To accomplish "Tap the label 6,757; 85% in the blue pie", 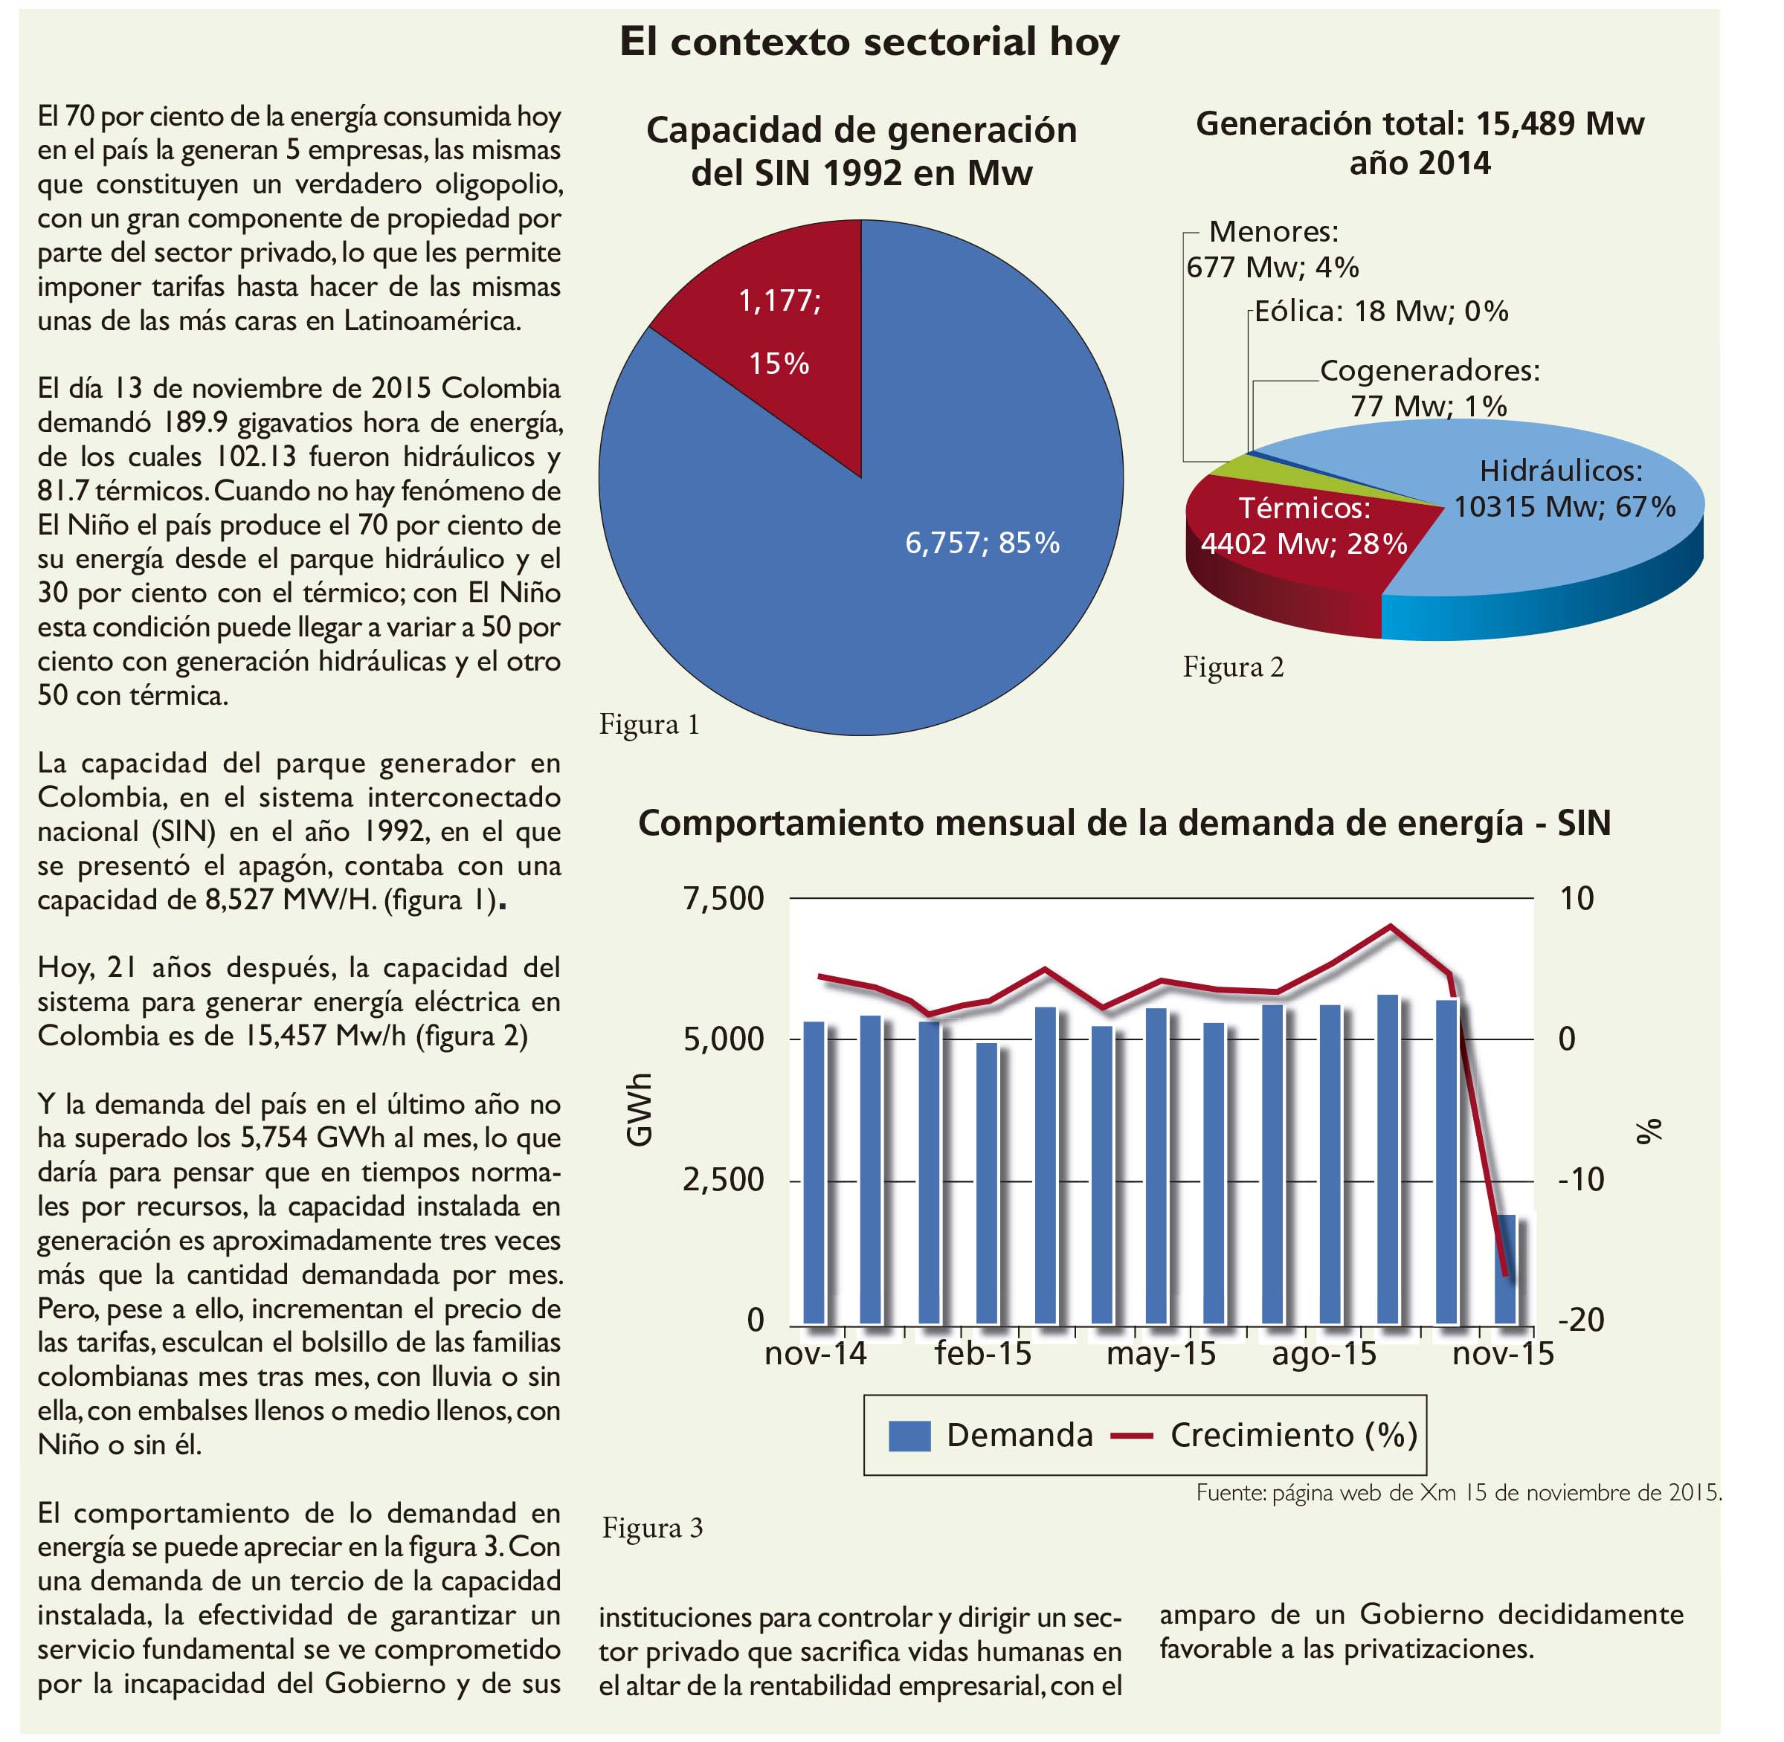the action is [x=982, y=543].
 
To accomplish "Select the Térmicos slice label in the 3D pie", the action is [x=1304, y=526].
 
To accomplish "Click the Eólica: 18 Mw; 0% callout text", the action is [x=1380, y=312].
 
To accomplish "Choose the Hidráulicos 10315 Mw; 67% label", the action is [x=1565, y=488].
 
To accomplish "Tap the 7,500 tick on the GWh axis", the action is [x=723, y=898].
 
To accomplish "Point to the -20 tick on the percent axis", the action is [x=1582, y=1318].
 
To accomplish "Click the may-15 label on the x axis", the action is [x=1161, y=1354].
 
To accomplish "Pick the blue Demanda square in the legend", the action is [x=909, y=1436].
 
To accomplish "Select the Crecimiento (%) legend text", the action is [x=1294, y=1435].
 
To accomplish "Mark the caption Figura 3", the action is [x=652, y=1528].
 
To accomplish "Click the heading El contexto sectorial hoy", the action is [x=869, y=43].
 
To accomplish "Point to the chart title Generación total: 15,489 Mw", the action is [x=1420, y=123].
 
